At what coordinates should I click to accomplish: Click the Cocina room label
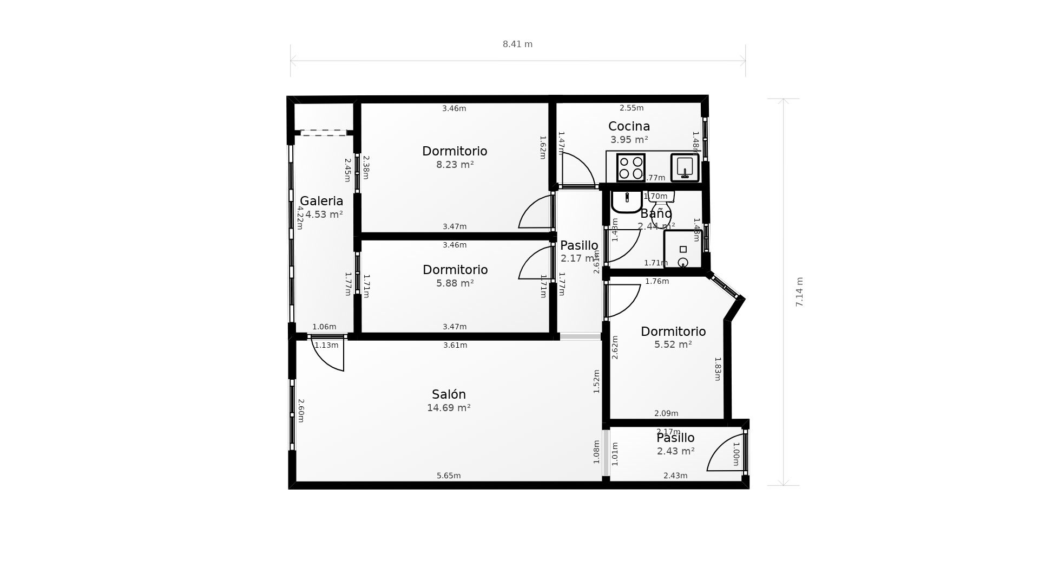(x=629, y=126)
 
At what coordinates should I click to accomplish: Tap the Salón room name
(x=449, y=394)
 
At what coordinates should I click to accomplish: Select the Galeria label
(x=321, y=201)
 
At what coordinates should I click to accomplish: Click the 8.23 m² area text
(x=455, y=165)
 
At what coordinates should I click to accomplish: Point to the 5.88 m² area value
(x=455, y=283)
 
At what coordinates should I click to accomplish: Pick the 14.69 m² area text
(x=449, y=408)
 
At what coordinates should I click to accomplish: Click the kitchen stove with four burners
(x=630, y=167)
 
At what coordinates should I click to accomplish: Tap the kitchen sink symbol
(x=685, y=167)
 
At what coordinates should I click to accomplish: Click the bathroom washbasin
(x=627, y=201)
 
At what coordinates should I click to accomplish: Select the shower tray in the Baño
(x=682, y=250)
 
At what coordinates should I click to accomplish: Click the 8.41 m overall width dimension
(x=517, y=44)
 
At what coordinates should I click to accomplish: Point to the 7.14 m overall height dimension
(x=799, y=292)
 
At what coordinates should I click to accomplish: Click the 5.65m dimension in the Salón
(x=449, y=476)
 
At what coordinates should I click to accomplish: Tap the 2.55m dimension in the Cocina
(x=632, y=108)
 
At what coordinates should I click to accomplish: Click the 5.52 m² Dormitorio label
(x=673, y=331)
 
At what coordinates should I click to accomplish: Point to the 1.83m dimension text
(x=718, y=369)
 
